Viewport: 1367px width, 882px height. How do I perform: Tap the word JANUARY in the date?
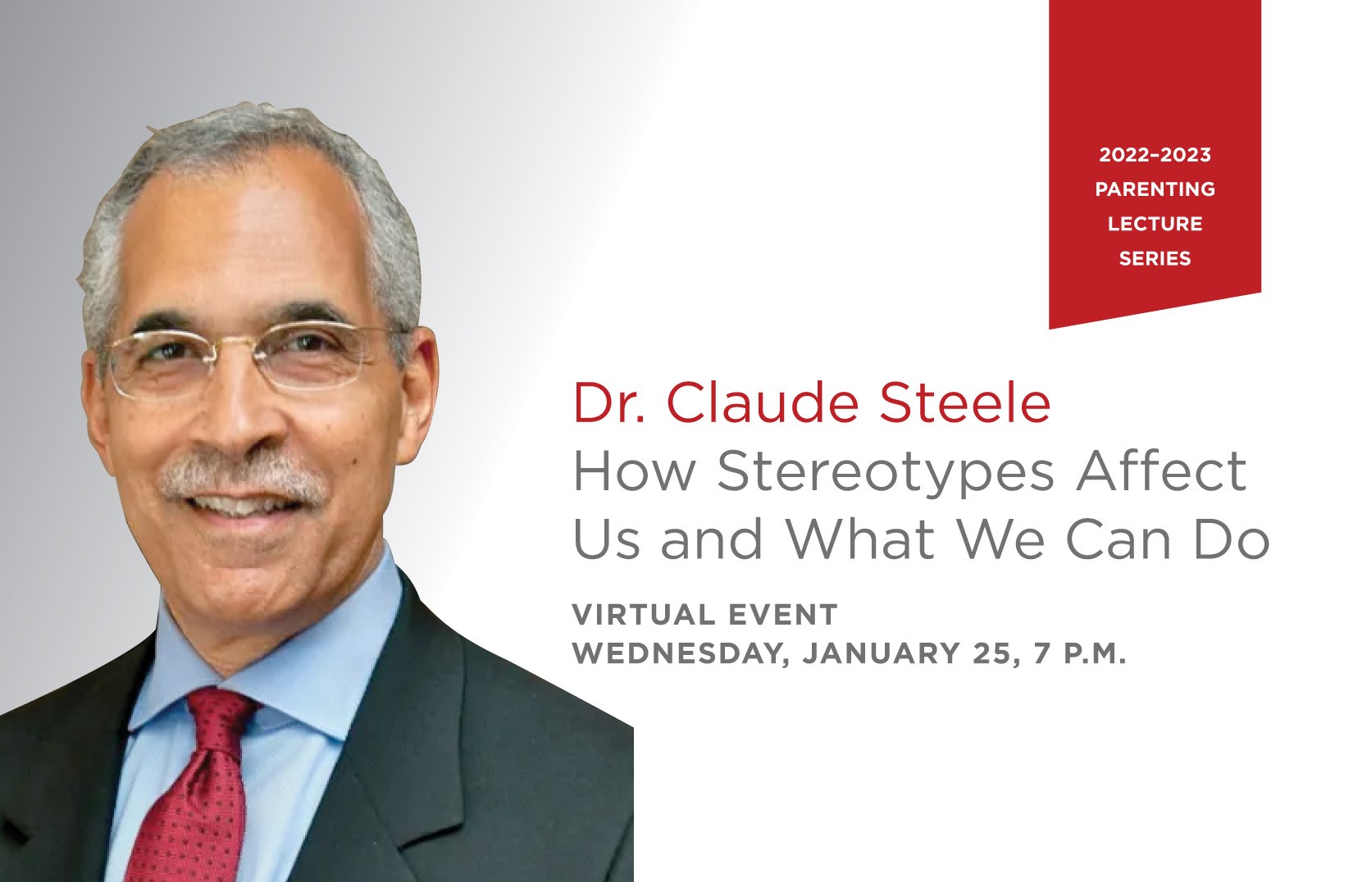coord(882,653)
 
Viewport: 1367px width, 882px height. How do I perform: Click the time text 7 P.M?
coord(1079,653)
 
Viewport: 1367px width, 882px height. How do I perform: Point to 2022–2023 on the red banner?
coord(1155,155)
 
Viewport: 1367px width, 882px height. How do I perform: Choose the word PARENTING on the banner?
coord(1155,189)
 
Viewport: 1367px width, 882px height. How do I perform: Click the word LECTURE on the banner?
coord(1155,224)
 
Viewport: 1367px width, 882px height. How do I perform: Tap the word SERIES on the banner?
coord(1155,259)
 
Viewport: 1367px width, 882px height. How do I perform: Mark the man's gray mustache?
coord(244,479)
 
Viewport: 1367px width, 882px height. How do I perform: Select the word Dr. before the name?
coord(609,402)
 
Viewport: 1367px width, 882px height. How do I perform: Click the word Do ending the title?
coord(1230,539)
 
